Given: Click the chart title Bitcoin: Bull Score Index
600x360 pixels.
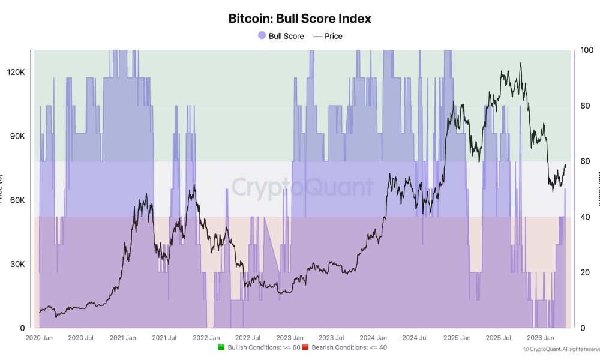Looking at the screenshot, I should click(299, 19).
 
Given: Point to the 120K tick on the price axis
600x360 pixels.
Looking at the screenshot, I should click(15, 72).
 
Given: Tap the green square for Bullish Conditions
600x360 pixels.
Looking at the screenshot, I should click(221, 347).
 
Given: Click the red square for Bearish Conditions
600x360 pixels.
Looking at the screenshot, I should click(305, 347).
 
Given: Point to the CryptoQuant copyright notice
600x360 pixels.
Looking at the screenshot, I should click(561, 349).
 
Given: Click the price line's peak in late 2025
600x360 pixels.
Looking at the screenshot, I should click(520, 63).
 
